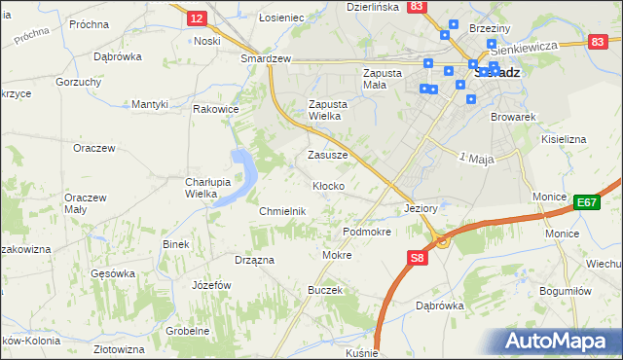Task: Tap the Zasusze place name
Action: (x=327, y=155)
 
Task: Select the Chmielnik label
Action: (x=283, y=211)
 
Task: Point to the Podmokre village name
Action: (x=367, y=233)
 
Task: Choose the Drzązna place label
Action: (x=254, y=260)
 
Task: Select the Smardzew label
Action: (x=267, y=58)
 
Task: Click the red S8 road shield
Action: (x=417, y=258)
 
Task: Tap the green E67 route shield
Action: (x=586, y=201)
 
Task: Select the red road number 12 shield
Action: (x=197, y=18)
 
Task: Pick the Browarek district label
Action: (x=514, y=117)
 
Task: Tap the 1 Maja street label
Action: (x=477, y=158)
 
